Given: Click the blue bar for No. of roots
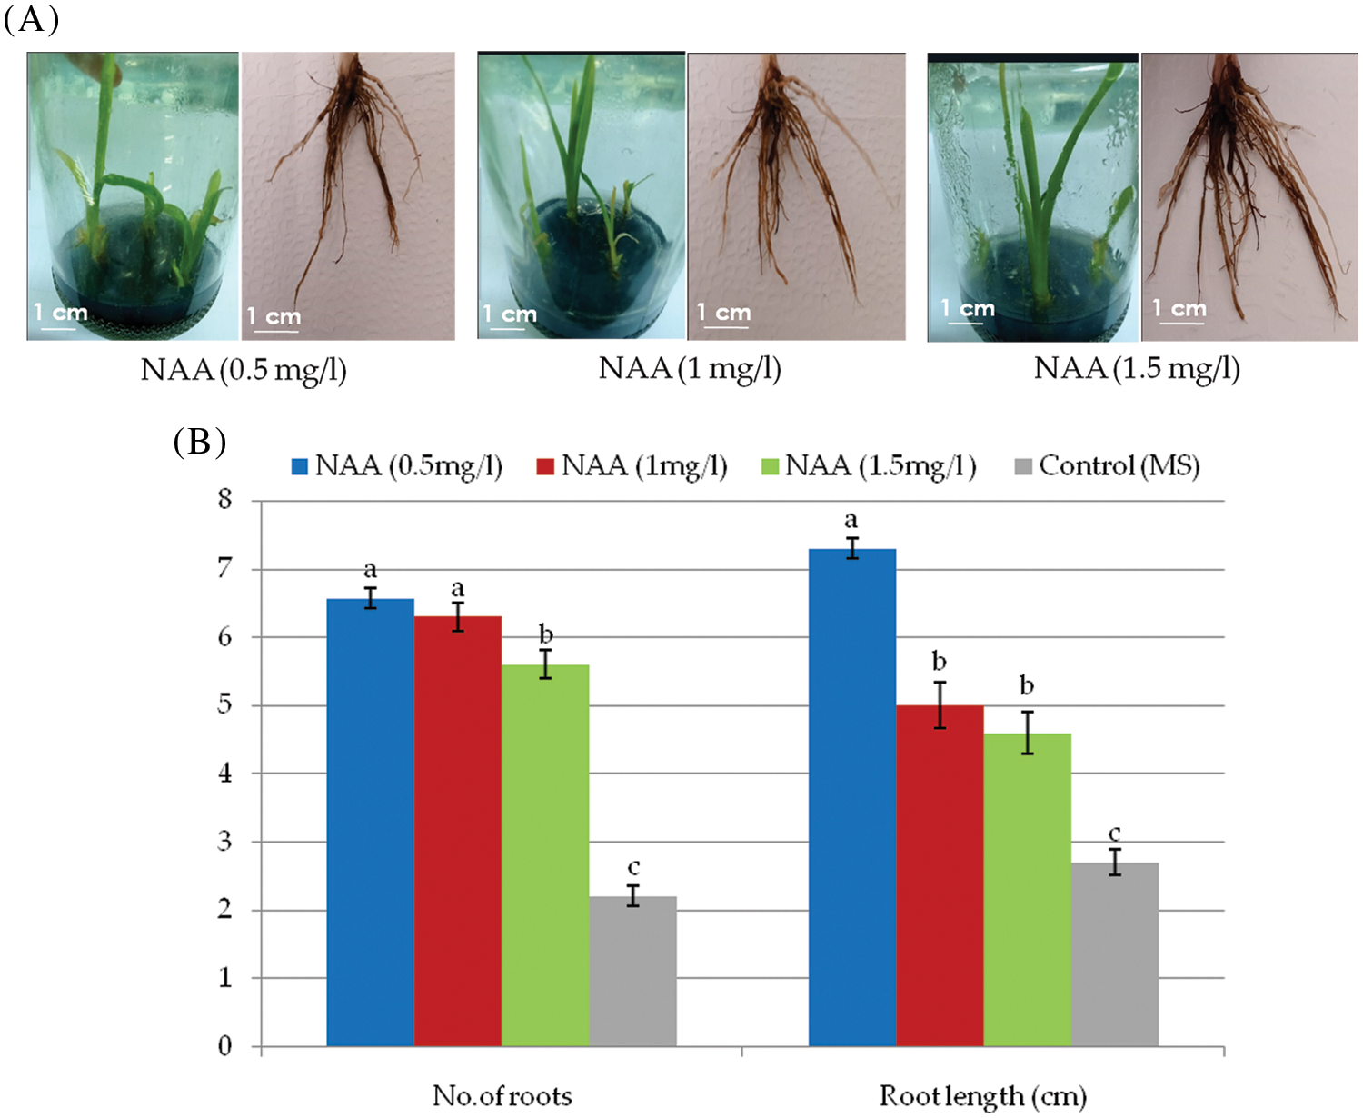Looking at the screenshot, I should coord(370,822).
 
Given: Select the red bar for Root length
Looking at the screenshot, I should coord(940,874).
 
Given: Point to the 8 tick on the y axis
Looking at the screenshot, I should coord(224,500).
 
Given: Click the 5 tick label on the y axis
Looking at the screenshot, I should coord(224,705).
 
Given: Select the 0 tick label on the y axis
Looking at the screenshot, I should coord(224,1046).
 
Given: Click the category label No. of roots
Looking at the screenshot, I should coord(502,1096).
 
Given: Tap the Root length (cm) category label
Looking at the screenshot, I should coord(982,1096).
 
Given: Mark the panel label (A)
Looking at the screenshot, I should coord(32,18).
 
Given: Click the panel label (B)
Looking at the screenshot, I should coord(199,443).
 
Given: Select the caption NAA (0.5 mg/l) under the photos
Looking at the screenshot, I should coord(244,370).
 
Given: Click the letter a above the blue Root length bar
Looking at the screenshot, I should coord(851,520).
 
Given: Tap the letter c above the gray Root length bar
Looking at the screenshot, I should coord(1114,834).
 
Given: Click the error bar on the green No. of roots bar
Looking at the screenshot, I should coord(545,664).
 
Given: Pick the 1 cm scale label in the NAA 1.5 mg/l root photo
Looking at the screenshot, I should coord(1179,308).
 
